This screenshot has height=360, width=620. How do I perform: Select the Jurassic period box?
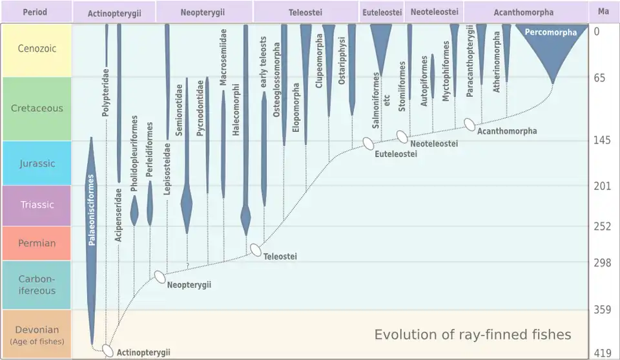[36, 164]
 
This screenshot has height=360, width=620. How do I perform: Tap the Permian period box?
[36, 243]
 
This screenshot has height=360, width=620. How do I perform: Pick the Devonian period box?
[36, 334]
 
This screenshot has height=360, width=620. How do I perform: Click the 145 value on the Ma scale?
[602, 141]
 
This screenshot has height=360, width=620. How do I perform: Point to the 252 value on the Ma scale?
[602, 226]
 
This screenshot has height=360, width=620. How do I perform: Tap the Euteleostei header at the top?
[382, 12]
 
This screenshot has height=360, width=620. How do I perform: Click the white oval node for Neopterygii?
[160, 277]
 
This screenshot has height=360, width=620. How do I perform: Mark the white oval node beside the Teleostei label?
[256, 250]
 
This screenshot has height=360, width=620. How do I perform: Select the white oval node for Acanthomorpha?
[470, 124]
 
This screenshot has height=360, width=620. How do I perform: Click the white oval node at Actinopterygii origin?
[108, 351]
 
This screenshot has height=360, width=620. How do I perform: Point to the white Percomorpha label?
[551, 32]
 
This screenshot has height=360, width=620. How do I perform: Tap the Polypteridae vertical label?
[105, 92]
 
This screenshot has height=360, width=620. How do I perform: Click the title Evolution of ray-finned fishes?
[473, 334]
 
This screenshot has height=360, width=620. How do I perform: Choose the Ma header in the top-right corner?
[603, 12]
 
